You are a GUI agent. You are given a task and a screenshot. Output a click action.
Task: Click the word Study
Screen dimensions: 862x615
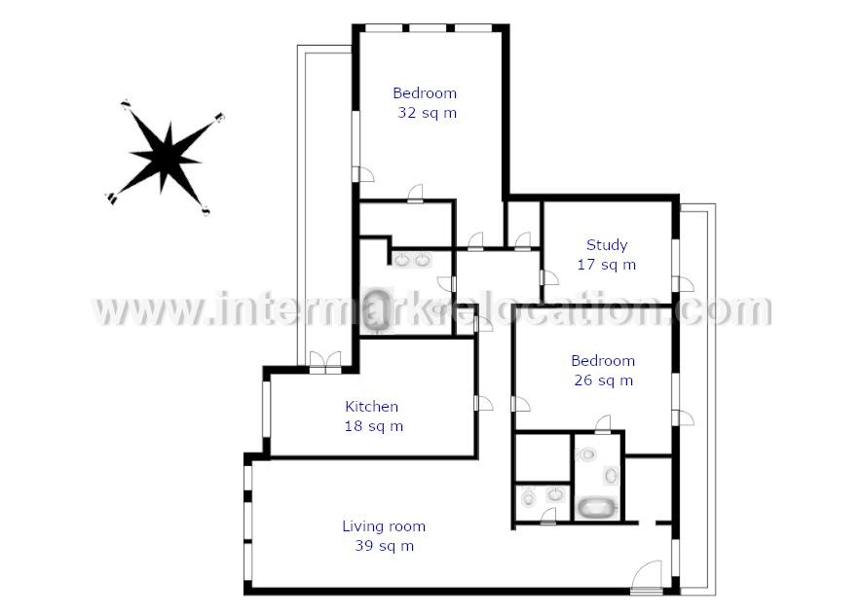point(607,245)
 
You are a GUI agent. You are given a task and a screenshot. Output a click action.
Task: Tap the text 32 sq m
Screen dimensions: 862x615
point(428,113)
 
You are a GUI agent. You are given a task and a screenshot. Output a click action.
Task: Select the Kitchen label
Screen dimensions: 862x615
point(372,407)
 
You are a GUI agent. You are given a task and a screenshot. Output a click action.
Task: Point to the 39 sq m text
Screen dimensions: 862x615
point(385,546)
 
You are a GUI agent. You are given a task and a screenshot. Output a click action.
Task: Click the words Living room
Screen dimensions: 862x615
point(384,526)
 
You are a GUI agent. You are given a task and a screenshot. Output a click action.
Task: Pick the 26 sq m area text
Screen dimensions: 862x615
point(604,380)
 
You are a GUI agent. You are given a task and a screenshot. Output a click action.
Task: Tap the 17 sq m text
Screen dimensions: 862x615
point(607,265)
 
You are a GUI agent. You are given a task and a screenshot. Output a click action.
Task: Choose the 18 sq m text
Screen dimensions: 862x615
point(374,426)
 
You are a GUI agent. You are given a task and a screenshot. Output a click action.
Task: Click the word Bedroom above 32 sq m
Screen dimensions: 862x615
point(425,92)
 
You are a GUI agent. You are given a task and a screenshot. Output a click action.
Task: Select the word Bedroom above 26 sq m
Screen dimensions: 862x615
point(603,360)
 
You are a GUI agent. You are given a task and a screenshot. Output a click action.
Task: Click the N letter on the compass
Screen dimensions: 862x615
point(126,104)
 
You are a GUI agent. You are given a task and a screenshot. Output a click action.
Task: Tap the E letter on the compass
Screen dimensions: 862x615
point(219,117)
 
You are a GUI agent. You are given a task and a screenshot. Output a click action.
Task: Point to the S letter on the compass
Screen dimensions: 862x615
point(206,210)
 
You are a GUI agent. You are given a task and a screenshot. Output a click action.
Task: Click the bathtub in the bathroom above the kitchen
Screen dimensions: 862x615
point(378,310)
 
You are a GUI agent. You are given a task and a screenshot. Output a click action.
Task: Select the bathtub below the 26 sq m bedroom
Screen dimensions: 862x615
point(595,508)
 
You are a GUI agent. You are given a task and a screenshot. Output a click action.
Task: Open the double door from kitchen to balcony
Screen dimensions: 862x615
point(325,362)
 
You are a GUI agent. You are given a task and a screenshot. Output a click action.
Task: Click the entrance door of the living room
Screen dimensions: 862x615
point(647,576)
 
